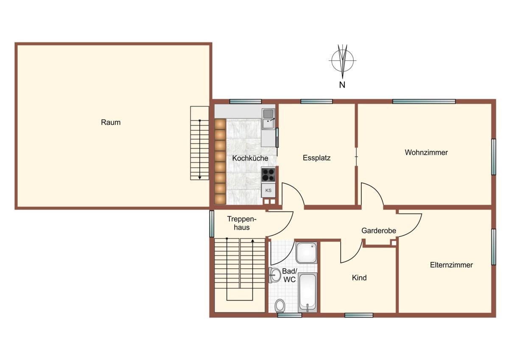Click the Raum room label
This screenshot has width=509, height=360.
tap(111, 122)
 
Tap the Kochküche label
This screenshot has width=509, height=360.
tap(250, 158)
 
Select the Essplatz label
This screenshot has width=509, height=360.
tap(316, 158)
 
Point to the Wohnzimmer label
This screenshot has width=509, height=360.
tap(426, 152)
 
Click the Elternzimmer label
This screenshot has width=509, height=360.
tap(451, 265)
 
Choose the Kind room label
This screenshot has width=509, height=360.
tap(359, 278)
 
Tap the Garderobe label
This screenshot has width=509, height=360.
tap(378, 231)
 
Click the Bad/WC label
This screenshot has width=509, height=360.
tap(289, 275)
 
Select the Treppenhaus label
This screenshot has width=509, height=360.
tap(242, 223)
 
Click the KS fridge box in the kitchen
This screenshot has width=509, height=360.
tap(268, 190)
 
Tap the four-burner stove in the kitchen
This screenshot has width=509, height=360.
tap(268, 174)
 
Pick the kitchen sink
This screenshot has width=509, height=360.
tap(268, 119)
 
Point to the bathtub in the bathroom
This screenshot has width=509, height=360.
tap(307, 292)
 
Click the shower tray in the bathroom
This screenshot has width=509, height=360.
tap(306, 253)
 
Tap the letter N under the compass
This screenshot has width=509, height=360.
tap(342, 85)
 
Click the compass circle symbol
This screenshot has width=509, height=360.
tap(342, 60)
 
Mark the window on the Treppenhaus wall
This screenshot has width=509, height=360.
tap(212, 224)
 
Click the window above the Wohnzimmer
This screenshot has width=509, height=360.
tap(424, 101)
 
